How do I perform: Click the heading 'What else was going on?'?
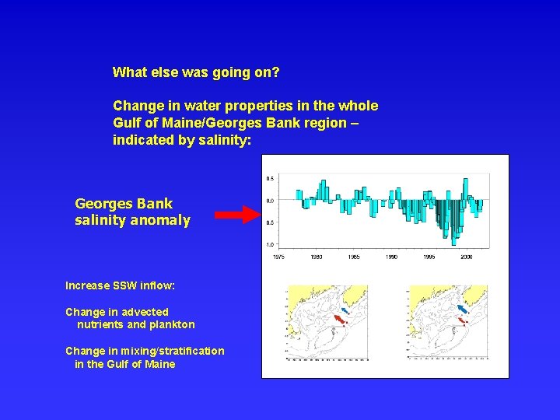coord(196,72)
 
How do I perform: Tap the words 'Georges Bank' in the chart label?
coord(124,204)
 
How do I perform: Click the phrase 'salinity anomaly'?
coord(132,220)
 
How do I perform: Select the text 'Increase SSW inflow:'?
coord(120,285)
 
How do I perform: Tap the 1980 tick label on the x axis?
coord(317,256)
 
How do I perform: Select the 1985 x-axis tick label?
coord(354,256)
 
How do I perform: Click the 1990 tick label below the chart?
coord(391,256)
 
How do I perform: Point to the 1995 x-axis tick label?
coord(429,256)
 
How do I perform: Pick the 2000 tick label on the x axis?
coord(466,256)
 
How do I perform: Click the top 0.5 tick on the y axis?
coord(270,178)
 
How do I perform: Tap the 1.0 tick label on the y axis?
coord(270,244)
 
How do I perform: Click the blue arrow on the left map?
coord(345,310)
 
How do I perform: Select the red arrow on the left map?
coord(339,319)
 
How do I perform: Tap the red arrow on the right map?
coord(462,320)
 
